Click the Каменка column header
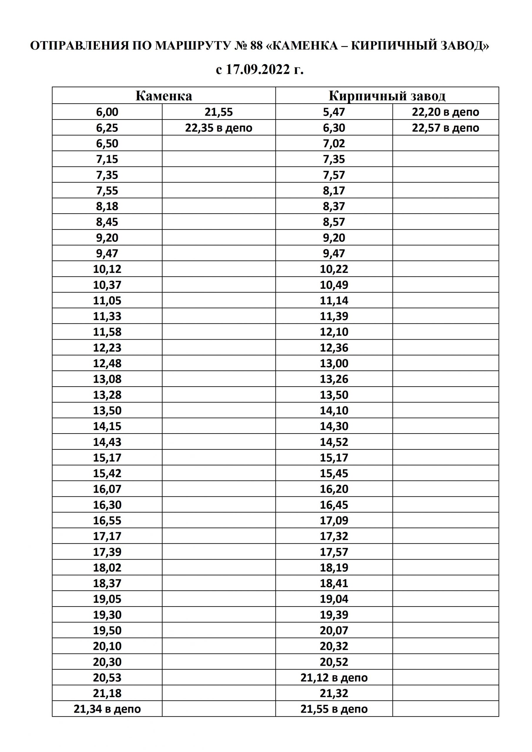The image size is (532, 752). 164,96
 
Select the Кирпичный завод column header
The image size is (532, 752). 387,96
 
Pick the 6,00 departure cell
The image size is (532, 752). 107,112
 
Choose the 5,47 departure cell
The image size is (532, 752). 334,112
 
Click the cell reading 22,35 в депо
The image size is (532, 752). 219,128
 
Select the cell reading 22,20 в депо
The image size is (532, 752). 446,112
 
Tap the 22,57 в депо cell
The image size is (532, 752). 446,128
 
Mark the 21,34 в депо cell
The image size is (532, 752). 107,709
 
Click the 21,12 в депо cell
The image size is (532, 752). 334,678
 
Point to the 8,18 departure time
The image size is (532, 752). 107,206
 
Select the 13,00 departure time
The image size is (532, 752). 334,363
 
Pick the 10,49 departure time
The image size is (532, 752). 334,285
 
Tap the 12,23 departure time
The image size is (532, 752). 107,348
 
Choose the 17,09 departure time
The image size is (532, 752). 334,521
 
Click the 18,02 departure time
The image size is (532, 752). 107,568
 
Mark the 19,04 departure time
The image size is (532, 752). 334,599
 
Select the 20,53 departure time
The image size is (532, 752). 107,678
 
